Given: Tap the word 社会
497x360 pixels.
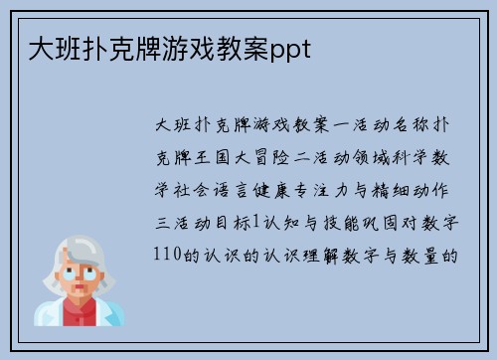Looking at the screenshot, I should pos(197,189).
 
